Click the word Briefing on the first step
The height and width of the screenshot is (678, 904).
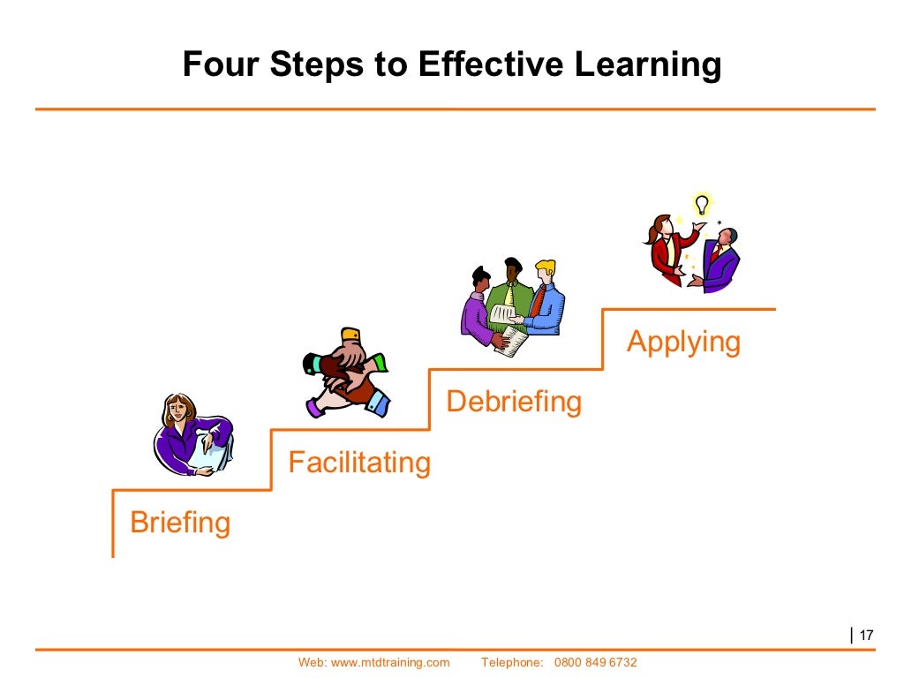click(180, 523)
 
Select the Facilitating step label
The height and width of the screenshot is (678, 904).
click(359, 462)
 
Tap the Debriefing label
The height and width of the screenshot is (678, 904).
click(514, 402)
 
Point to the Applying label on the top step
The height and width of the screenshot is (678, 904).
click(683, 342)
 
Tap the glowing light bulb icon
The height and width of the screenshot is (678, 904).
click(702, 206)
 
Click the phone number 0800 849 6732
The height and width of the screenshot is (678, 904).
click(595, 662)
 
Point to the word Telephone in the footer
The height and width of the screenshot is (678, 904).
click(512, 662)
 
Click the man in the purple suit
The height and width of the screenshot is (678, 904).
click(720, 260)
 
